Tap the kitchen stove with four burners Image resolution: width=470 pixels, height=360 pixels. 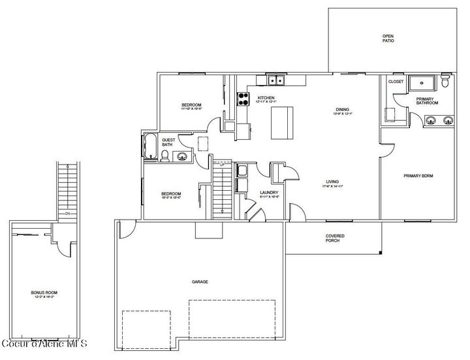pyautogui.click(x=243, y=99)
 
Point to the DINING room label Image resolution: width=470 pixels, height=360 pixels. pyautogui.click(x=343, y=110)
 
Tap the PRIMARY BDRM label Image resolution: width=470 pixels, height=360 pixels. pyautogui.click(x=418, y=176)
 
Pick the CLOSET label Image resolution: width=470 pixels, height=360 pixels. pyautogui.click(x=396, y=82)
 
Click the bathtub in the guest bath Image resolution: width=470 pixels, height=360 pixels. pyautogui.click(x=149, y=146)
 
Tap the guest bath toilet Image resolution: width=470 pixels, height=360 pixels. pyautogui.click(x=166, y=155)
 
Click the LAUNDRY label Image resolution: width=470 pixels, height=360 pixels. pyautogui.click(x=269, y=192)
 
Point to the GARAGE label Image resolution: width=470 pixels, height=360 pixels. pyautogui.click(x=200, y=282)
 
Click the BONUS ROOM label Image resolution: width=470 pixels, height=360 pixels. pyautogui.click(x=43, y=293)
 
